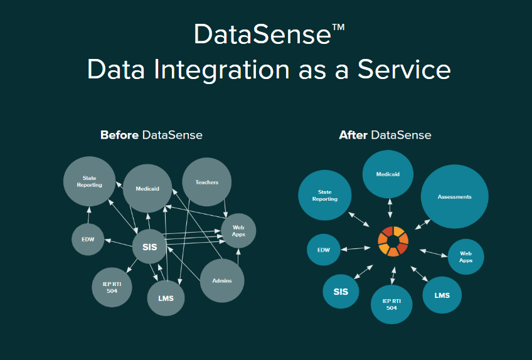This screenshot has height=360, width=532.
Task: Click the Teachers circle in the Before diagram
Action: (x=207, y=183)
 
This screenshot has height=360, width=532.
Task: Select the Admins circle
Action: (x=222, y=280)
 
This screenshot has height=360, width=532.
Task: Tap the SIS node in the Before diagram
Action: (x=149, y=247)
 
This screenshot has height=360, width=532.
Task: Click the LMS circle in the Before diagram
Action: (x=166, y=297)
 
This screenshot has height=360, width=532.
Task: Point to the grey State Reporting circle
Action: (x=89, y=182)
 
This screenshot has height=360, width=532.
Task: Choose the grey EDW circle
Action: (x=88, y=240)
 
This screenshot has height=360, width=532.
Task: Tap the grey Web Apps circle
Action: (x=238, y=231)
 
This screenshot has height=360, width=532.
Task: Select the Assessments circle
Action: (x=454, y=197)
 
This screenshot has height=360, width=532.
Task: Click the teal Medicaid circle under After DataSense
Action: (x=388, y=174)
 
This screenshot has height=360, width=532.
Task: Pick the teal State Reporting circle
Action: (x=324, y=196)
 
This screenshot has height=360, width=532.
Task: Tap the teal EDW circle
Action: (x=324, y=250)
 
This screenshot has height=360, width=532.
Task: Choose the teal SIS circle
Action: (x=341, y=292)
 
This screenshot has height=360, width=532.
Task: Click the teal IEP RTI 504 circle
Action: (x=391, y=304)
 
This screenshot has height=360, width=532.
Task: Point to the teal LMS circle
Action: (x=442, y=295)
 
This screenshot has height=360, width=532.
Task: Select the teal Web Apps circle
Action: (x=465, y=257)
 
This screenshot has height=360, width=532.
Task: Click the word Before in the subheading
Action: (x=119, y=135)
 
